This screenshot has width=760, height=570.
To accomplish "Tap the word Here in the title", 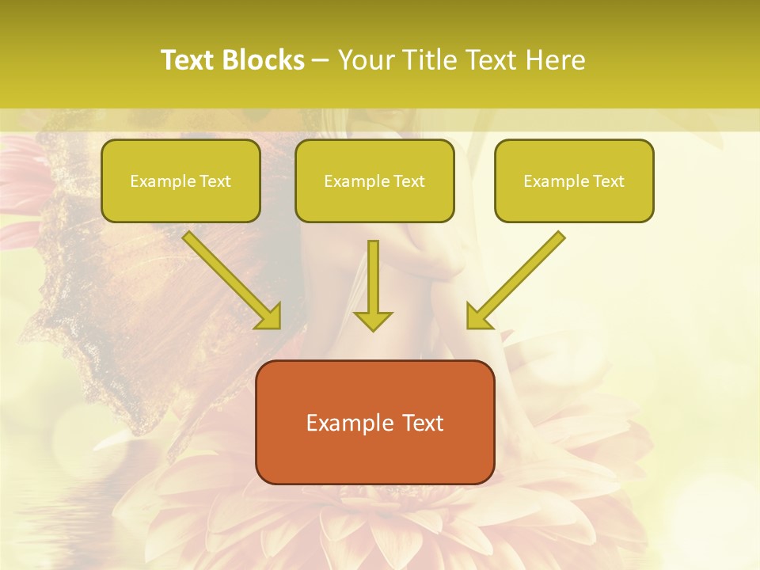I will [554, 60].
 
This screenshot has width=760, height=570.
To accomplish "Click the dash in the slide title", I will [321, 60].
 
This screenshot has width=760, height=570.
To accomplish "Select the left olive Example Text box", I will [180, 180].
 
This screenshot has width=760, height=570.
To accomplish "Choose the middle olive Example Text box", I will [374, 180].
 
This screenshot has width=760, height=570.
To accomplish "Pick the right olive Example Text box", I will [574, 180].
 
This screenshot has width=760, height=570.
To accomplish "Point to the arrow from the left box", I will [230, 277].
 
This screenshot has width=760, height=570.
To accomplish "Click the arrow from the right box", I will [519, 277].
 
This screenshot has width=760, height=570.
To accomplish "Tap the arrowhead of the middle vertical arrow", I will [373, 320].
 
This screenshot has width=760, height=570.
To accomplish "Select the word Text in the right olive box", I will [608, 180].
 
